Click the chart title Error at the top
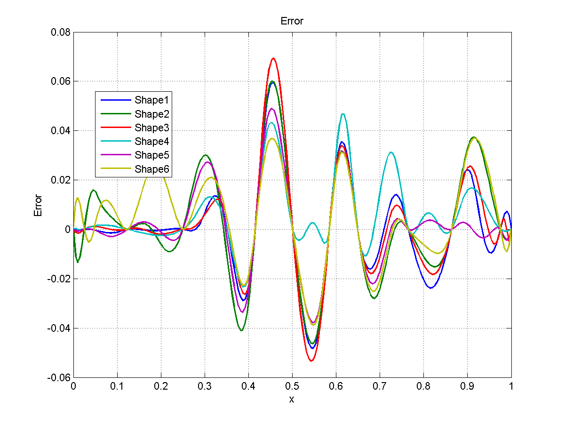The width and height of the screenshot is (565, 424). click(x=292, y=21)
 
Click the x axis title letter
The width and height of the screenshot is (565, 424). click(x=292, y=399)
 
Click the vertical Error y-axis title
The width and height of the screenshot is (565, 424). click(x=38, y=205)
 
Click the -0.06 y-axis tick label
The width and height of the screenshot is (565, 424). click(x=60, y=377)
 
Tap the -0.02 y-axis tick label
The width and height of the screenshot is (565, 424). click(x=60, y=279)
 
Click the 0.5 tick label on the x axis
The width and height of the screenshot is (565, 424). click(x=292, y=386)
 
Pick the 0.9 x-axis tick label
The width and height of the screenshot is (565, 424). click(x=467, y=386)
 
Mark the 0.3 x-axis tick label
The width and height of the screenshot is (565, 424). click(x=205, y=386)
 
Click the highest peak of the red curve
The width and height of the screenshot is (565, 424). click(x=273, y=58)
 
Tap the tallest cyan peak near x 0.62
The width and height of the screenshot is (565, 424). click(x=343, y=114)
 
